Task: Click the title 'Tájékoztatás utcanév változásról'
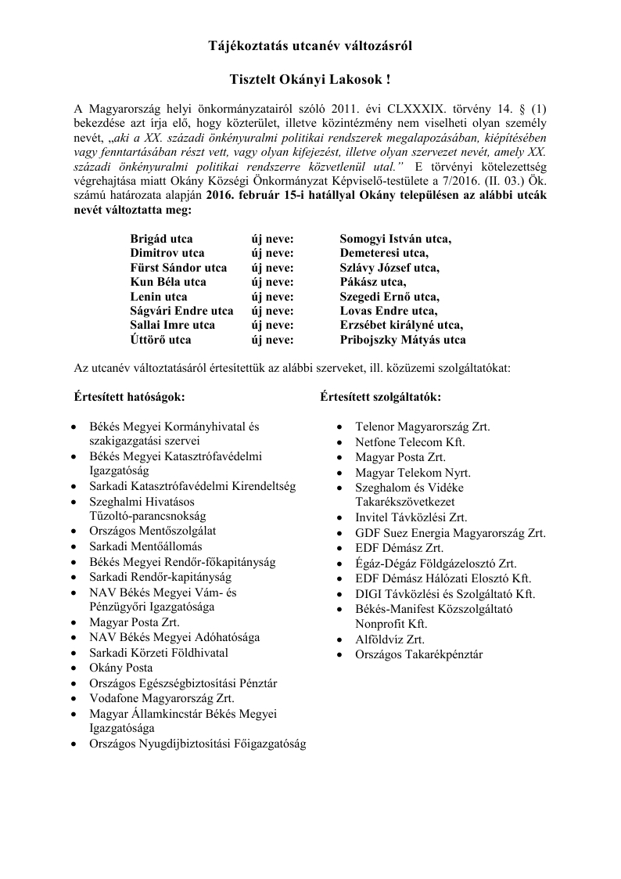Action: pos(310,46)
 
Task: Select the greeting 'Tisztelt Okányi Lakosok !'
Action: pos(310,80)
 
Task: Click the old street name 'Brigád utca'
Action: pos(161,238)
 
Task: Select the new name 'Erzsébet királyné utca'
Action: pos(401,326)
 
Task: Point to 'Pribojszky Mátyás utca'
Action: pos(403,340)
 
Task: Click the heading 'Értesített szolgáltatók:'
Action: pos(380,397)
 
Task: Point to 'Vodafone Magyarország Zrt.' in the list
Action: pos(162,698)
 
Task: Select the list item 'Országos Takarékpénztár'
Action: pos(418,654)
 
